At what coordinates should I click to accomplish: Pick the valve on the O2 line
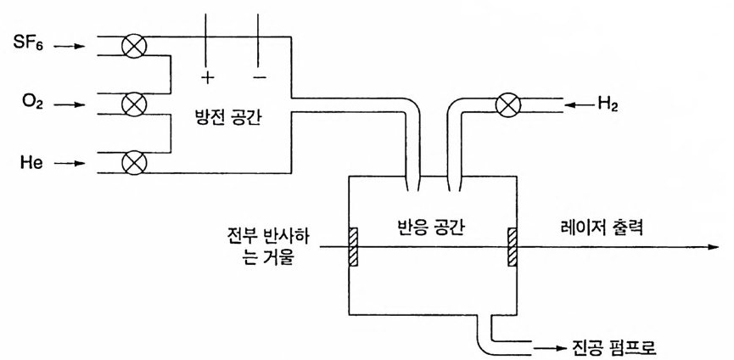coord(133,105)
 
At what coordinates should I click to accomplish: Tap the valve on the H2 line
coord(507,105)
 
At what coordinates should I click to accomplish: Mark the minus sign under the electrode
coord(260,77)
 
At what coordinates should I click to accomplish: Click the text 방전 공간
coord(227,119)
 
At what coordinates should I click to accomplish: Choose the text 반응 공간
coord(430,228)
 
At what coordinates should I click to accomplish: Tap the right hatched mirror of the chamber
coord(513,247)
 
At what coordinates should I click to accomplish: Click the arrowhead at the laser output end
coord(712,248)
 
